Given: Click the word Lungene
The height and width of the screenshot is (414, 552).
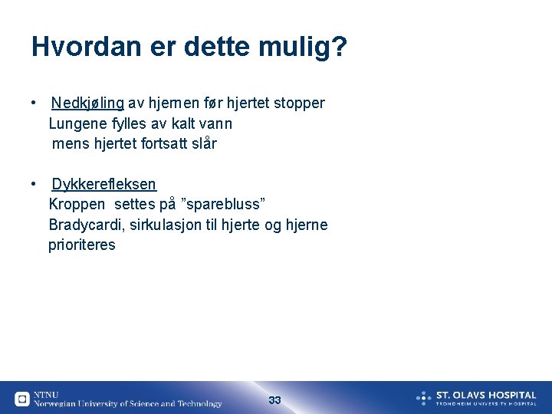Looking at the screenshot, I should pos(77,123).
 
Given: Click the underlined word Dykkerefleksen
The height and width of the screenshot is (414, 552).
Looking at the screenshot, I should pos(103,184).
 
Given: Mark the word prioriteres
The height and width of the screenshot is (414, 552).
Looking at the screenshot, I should pos(82,245).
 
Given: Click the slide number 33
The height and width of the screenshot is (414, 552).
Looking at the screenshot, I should pos(275,400).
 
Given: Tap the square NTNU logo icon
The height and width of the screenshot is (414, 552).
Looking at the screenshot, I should pos(22,399).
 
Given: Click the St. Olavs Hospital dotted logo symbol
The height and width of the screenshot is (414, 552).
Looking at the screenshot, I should pos(424,398).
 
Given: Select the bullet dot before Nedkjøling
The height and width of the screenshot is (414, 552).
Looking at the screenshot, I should pos(35,103).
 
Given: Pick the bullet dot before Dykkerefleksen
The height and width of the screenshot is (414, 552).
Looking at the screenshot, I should pos(35,184).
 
